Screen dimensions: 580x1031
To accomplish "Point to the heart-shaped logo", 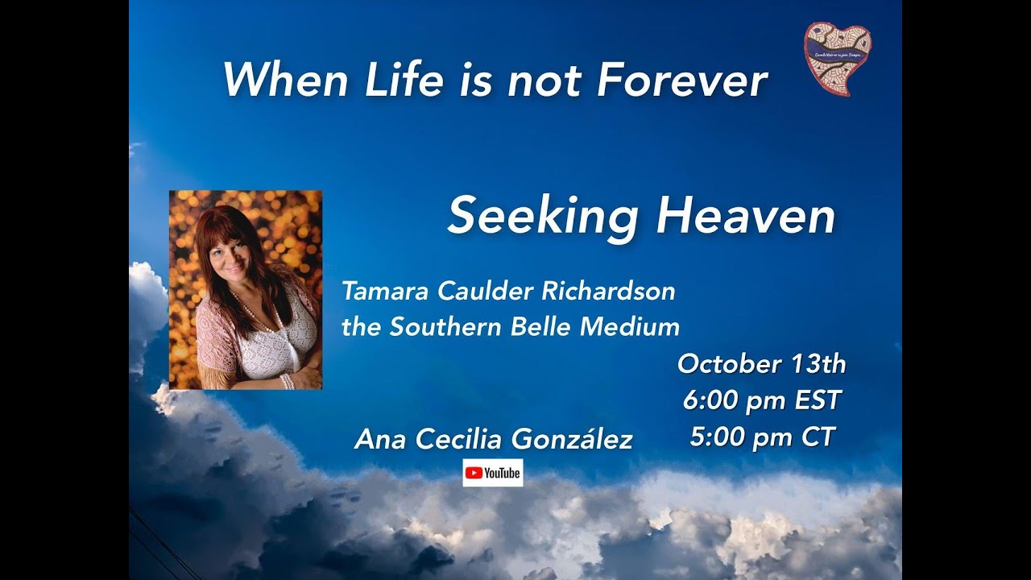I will [x=838, y=58].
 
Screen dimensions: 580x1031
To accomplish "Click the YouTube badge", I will [x=492, y=473].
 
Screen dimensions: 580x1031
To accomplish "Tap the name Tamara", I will [x=384, y=292].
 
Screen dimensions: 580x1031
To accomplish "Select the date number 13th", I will [x=818, y=364].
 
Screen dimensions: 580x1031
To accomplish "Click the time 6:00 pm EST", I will [x=761, y=400].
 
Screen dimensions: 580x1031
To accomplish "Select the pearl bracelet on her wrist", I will [x=288, y=379].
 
